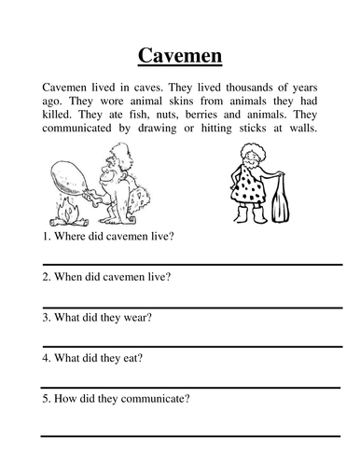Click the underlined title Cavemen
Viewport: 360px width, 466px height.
(x=180, y=57)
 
